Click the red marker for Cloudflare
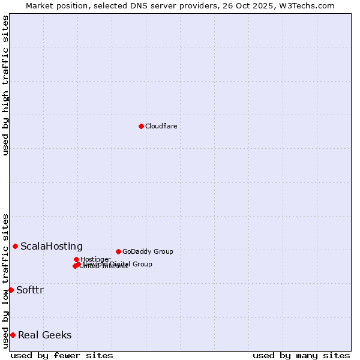[141, 126]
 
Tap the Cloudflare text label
[161, 126]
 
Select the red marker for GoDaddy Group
[118, 251]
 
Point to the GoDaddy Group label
[148, 251]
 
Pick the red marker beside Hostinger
[76, 259]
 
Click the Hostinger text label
[95, 259]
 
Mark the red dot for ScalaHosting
[15, 246]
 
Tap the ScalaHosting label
[52, 246]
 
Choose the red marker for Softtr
[11, 290]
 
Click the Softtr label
[30, 290]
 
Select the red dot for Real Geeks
[13, 335]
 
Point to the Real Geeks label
[45, 335]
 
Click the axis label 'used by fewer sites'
[62, 355]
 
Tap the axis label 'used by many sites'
[301, 355]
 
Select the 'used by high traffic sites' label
[6, 85]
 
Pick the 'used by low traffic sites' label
[6, 280]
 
